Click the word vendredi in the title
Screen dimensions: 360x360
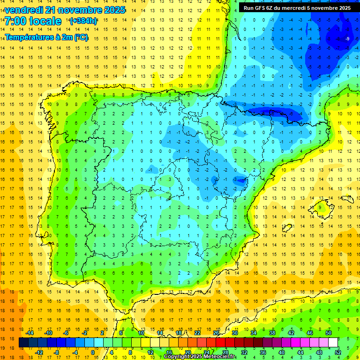click(x=24, y=10)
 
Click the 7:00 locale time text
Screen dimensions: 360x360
click(x=33, y=21)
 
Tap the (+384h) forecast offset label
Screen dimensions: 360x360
click(x=83, y=21)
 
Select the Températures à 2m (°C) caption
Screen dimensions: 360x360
click(x=46, y=37)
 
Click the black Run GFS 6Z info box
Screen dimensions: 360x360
click(x=297, y=7)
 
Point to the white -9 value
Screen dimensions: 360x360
click(x=347, y=38)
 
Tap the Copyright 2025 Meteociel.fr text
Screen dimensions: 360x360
click(x=199, y=357)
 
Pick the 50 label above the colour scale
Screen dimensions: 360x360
click(x=329, y=333)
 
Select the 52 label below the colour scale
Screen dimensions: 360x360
click(x=338, y=352)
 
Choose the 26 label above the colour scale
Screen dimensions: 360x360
click(x=216, y=333)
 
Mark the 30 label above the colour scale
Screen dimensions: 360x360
click(x=235, y=333)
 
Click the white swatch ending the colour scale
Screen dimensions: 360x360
click(x=333, y=343)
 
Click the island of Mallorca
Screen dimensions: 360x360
click(x=323, y=205)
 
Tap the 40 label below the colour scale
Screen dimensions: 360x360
click(x=282, y=352)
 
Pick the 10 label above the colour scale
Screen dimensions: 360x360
click(x=141, y=333)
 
